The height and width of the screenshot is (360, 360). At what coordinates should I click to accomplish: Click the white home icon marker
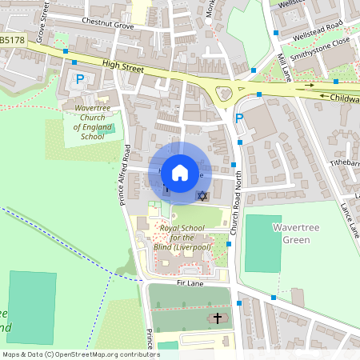tap(180, 172)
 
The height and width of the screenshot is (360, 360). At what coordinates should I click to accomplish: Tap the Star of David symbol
tap(202, 196)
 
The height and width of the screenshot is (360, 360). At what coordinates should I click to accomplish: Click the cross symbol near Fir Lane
tap(216, 318)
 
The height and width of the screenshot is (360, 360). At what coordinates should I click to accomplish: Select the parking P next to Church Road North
tap(238, 118)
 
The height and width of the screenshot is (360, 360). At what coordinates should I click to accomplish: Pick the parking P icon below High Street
tap(79, 78)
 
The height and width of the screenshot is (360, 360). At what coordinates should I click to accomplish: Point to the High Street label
tap(122, 69)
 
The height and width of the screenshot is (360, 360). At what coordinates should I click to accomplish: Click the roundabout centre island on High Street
tap(223, 94)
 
